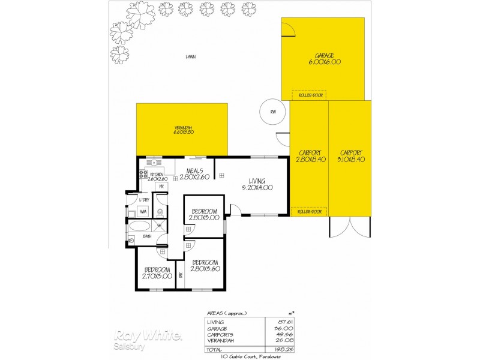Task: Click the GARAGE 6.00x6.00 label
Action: pos(325,58)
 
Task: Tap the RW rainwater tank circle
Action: pos(273,112)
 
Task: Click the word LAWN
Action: pos(191,57)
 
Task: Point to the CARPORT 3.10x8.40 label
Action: pos(351,156)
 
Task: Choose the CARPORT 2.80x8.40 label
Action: pos(309,156)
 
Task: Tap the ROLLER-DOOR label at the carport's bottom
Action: pos(309,211)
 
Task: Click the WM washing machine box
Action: pos(143,212)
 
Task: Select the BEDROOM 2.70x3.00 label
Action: pos(157,273)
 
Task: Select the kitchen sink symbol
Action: pos(154,162)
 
